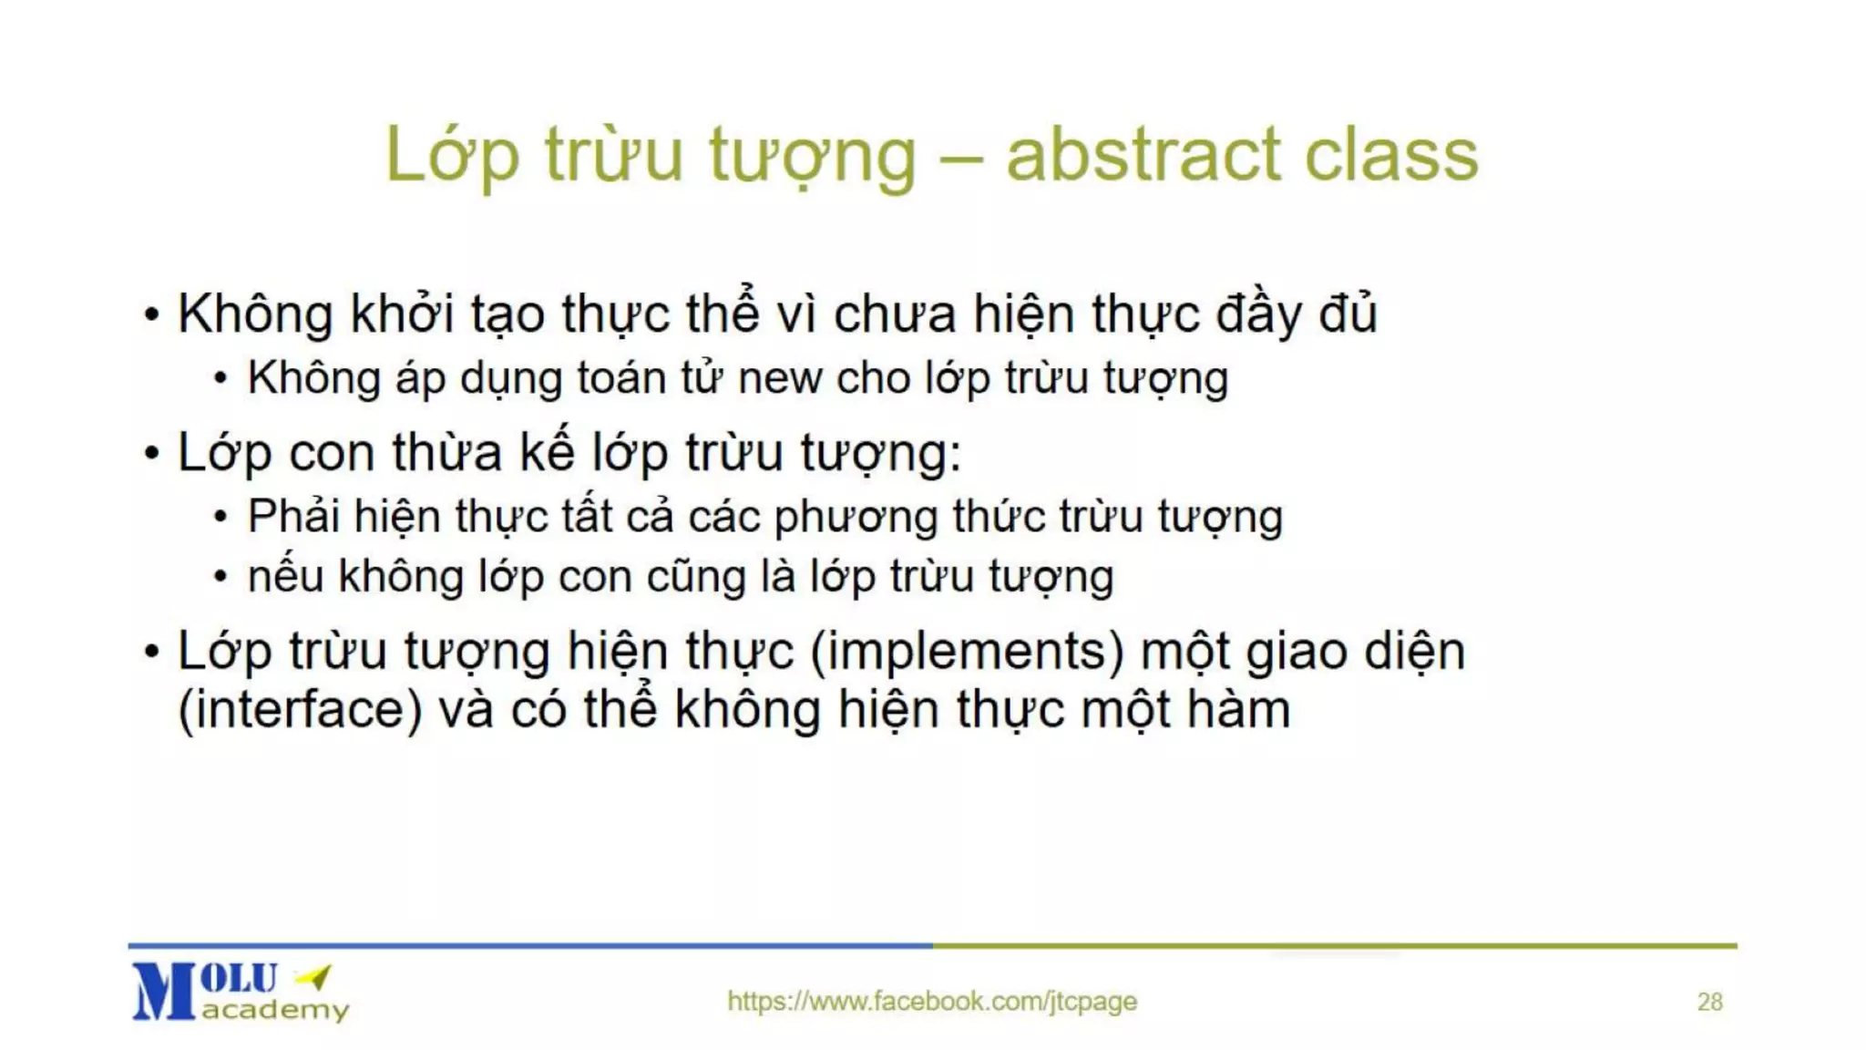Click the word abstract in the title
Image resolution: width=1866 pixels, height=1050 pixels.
point(1144,155)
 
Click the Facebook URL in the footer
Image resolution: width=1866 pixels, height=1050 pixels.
point(932,1001)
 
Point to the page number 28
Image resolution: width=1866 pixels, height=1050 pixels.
point(1709,1002)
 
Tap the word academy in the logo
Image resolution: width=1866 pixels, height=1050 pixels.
point(275,1010)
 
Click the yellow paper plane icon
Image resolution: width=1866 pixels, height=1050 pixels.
point(314,977)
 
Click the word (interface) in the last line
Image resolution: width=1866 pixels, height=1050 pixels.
point(300,710)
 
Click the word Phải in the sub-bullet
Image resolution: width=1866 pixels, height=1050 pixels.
point(293,517)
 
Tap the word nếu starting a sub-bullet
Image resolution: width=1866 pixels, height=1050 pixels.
point(285,577)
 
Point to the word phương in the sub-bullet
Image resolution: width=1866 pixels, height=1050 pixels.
point(856,518)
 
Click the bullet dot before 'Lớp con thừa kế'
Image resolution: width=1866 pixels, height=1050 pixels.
point(151,453)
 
